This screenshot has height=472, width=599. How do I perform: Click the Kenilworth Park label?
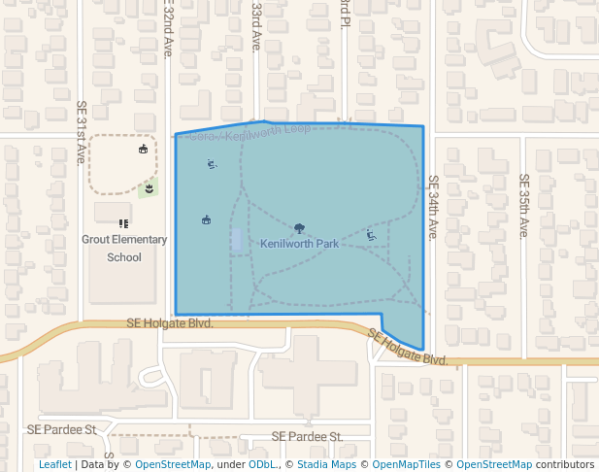tap(300, 244)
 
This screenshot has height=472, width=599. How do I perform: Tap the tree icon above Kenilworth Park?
tap(300, 229)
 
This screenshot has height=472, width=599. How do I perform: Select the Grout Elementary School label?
tap(124, 249)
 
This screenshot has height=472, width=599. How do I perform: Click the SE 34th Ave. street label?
tap(433, 207)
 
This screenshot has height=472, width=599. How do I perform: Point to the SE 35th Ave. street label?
tap(523, 206)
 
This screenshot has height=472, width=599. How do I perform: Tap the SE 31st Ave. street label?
tap(82, 132)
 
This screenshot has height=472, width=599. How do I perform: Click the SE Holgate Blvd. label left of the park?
tap(170, 323)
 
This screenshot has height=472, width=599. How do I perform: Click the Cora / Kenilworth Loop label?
tap(250, 132)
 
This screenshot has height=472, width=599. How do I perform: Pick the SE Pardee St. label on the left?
tap(62, 428)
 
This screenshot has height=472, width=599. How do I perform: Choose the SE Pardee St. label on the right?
tap(307, 437)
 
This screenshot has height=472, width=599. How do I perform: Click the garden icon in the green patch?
tap(149, 187)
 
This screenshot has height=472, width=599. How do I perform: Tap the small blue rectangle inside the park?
tap(237, 239)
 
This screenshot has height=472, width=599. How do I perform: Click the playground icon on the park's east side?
tap(371, 234)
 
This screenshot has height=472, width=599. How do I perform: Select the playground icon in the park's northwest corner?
tap(212, 164)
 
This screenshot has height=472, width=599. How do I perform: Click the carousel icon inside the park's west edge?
tap(206, 219)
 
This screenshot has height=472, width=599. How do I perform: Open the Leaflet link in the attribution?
tap(55, 465)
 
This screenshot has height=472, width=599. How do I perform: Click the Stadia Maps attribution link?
tap(327, 465)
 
